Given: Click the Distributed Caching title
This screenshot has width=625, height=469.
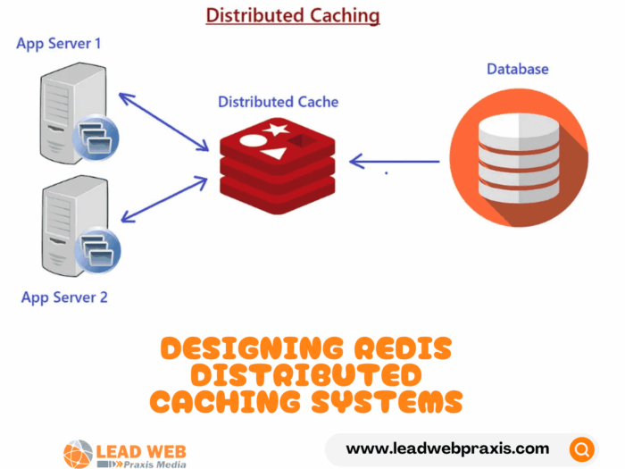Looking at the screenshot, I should tap(293, 15).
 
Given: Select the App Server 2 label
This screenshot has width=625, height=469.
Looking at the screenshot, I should tap(64, 297).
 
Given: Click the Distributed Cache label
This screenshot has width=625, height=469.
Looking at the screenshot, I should tap(278, 102).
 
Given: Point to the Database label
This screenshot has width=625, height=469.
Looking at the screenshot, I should tap(517, 69).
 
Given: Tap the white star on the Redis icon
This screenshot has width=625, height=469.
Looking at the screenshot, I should tap(276, 131).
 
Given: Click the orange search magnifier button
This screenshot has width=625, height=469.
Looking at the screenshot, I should tap(582, 448).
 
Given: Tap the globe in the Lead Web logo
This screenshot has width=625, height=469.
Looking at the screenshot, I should tap(78, 452).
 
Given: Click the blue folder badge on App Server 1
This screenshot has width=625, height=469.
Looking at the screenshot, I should tap(94, 138).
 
